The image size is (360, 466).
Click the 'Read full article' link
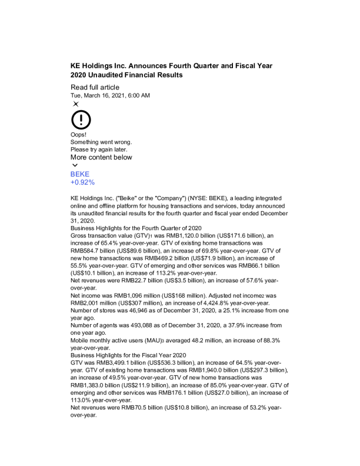coord(95,88)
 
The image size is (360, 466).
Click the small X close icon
coord(75,104)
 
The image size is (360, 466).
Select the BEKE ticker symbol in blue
coord(80,174)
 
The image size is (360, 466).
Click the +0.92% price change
coord(82,182)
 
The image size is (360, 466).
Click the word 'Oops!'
coord(79,134)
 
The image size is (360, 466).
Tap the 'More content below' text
coord(101,157)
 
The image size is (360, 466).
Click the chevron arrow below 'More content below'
coord(74,165)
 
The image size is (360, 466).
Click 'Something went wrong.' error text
coord(101,142)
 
